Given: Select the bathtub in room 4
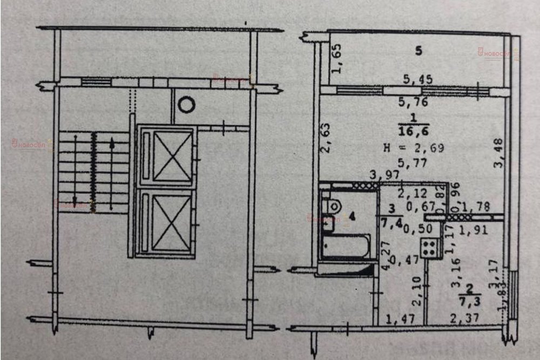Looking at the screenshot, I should click(346, 246).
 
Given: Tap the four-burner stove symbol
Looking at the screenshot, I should click(431, 247).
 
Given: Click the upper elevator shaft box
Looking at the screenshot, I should click(166, 157).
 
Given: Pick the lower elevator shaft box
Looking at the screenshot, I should click(166, 221).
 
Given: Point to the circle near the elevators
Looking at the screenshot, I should click(186, 104).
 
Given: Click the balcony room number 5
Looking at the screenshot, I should click(418, 51).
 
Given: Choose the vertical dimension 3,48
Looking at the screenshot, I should click(498, 153).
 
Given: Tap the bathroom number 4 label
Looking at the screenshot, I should click(352, 217).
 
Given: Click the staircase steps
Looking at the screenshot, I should click(93, 172).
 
